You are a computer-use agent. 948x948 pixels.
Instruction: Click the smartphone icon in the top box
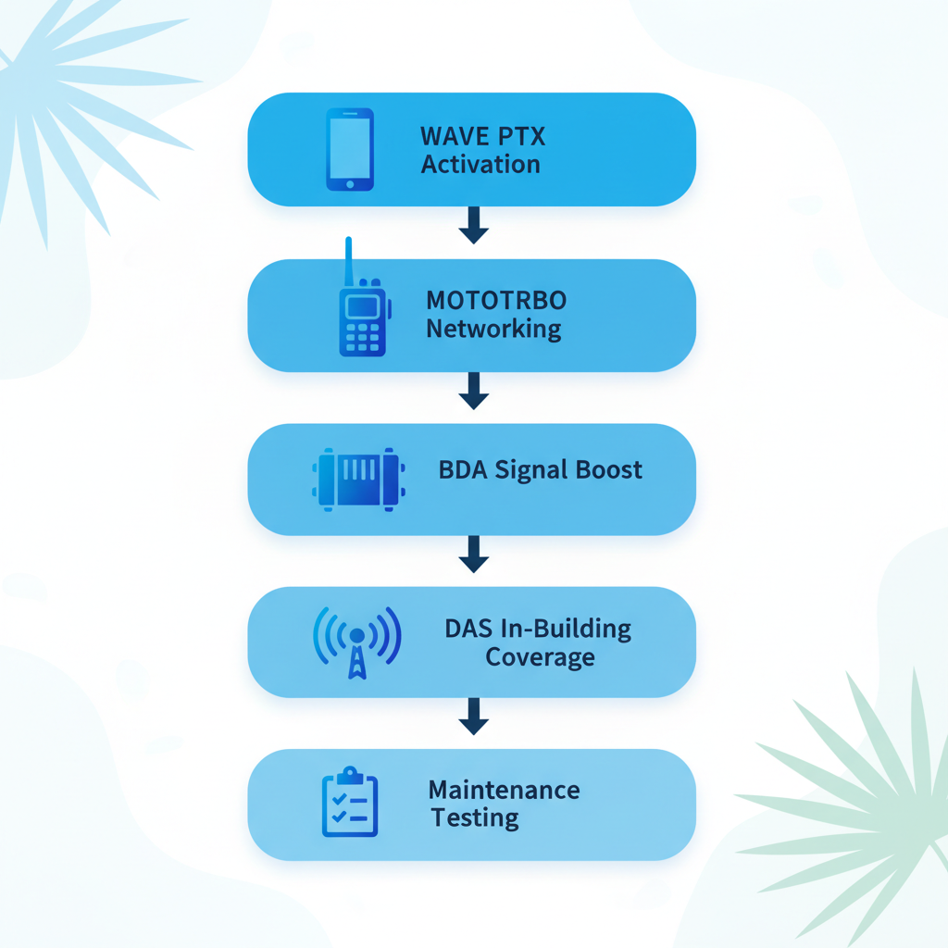[350, 149]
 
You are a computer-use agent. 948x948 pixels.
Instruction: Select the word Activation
[480, 165]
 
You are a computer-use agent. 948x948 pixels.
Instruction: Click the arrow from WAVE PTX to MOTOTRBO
[473, 226]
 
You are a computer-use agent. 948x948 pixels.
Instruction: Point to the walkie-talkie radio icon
[362, 315]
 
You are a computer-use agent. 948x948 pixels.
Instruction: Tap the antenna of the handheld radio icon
[349, 261]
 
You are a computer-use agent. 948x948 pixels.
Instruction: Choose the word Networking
[493, 330]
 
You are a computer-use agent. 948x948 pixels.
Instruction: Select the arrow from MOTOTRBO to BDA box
[473, 391]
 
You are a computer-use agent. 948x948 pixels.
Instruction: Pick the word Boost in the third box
[608, 469]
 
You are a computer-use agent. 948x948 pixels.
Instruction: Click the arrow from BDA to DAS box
[473, 555]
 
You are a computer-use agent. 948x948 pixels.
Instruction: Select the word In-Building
[566, 630]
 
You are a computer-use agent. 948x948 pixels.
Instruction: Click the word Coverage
[540, 658]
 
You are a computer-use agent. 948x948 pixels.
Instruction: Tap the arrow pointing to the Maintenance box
[473, 717]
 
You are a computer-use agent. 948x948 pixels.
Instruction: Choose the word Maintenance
[504, 791]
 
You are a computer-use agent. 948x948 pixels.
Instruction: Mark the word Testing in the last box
[474, 818]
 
